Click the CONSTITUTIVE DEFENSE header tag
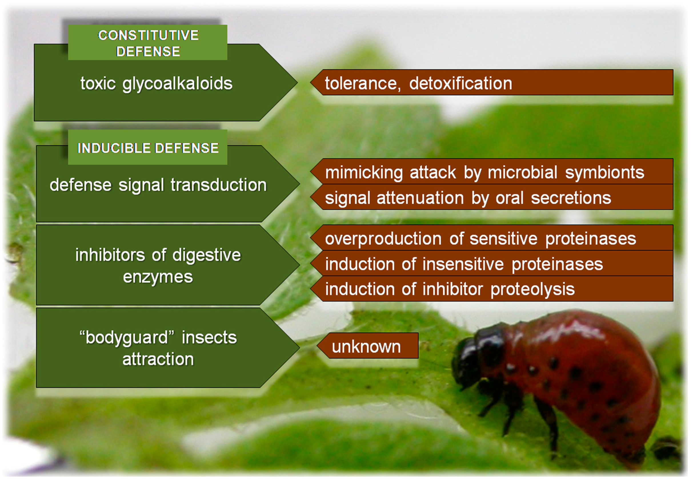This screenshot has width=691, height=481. pyautogui.click(x=147, y=43)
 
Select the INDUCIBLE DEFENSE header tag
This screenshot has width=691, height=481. pyautogui.click(x=147, y=147)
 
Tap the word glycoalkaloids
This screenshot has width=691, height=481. pyautogui.click(x=177, y=84)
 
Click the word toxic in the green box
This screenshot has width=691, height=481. pyautogui.click(x=98, y=83)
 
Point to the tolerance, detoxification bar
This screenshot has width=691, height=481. pyautogui.click(x=492, y=82)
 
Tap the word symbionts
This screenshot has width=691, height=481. pyautogui.click(x=605, y=173)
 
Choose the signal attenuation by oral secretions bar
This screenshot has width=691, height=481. pyautogui.click(x=492, y=197)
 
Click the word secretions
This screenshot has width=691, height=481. pyautogui.click(x=571, y=198)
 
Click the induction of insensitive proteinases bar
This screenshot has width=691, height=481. pyautogui.click(x=492, y=263)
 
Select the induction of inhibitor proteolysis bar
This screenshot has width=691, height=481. pyautogui.click(x=492, y=289)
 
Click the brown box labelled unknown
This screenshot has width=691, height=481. pyautogui.click(x=367, y=346)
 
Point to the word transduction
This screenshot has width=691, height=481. pyautogui.click(x=219, y=185)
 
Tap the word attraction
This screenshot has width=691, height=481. pyautogui.click(x=158, y=359)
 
